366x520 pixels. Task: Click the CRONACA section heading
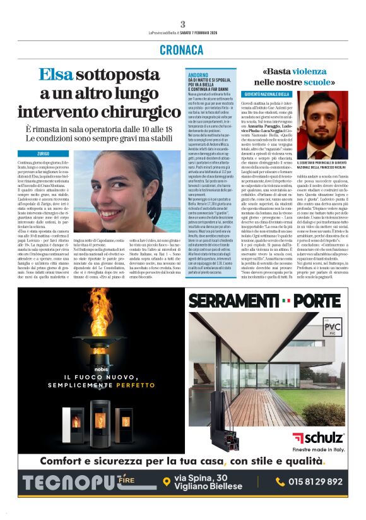pyautogui.click(x=182, y=49)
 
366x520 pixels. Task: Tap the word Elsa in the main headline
pyautogui.click(x=57, y=75)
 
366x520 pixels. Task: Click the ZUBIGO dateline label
pyautogui.click(x=44, y=154)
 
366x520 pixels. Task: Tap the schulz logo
pyautogui.click(x=318, y=437)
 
